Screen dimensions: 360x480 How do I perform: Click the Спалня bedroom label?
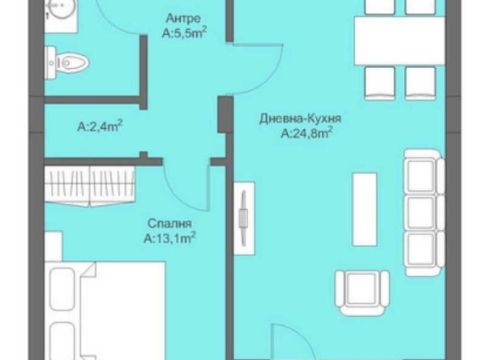[170, 223]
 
